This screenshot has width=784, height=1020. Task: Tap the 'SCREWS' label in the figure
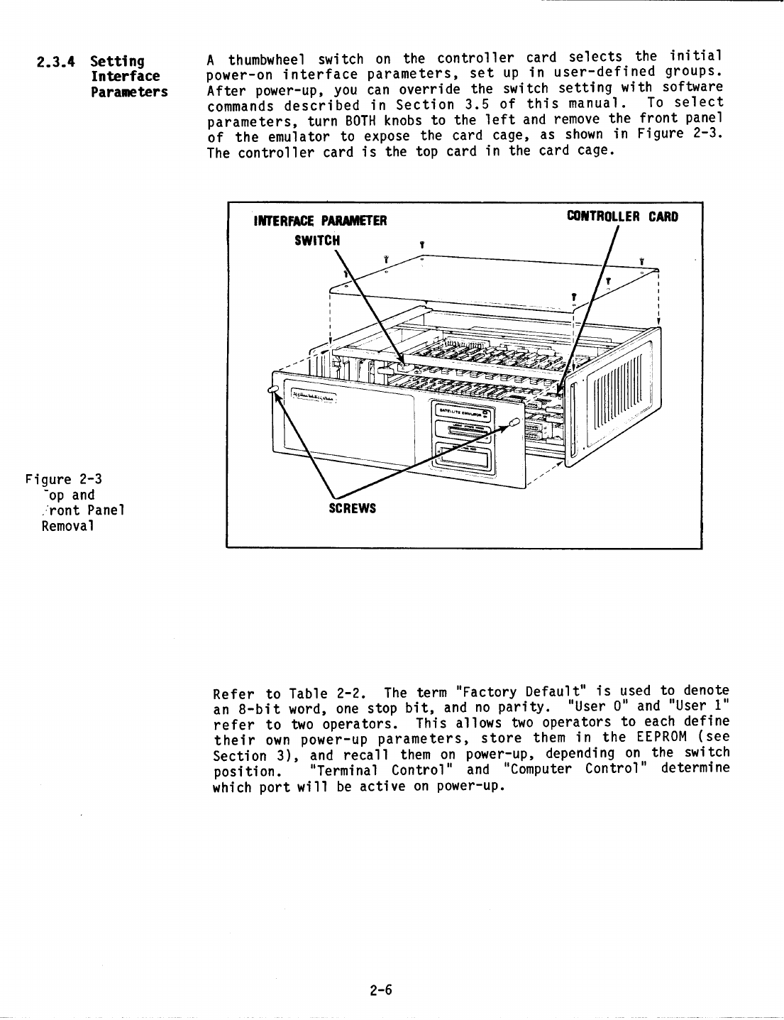pos(352,509)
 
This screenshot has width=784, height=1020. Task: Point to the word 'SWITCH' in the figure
pos(317,240)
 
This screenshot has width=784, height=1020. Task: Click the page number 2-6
pos(381,990)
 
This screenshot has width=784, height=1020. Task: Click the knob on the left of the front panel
pos(274,389)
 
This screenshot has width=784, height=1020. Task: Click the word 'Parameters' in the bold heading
pos(129,92)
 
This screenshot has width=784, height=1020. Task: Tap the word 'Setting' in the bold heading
pos(118,61)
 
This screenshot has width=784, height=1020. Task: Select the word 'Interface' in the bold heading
pos(125,77)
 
